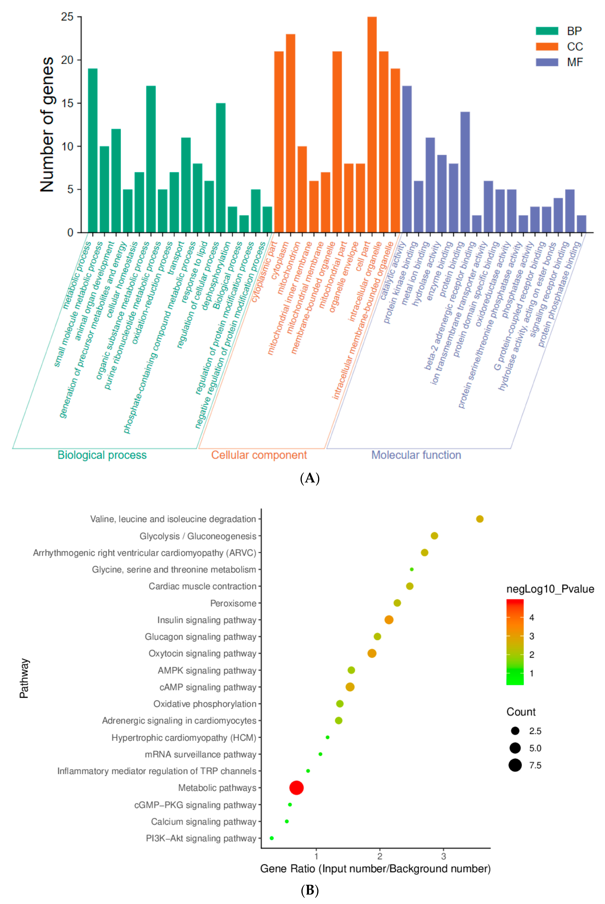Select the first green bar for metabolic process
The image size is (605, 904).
point(93,150)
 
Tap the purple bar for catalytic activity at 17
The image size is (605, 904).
point(407,159)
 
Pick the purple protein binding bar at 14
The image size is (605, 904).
point(465,172)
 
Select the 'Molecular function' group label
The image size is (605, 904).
point(416,455)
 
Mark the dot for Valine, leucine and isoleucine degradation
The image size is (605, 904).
point(480,519)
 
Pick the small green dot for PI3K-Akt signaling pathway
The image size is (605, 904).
point(272,838)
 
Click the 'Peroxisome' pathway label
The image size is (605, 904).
point(233,603)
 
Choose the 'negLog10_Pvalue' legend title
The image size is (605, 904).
point(550,589)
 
